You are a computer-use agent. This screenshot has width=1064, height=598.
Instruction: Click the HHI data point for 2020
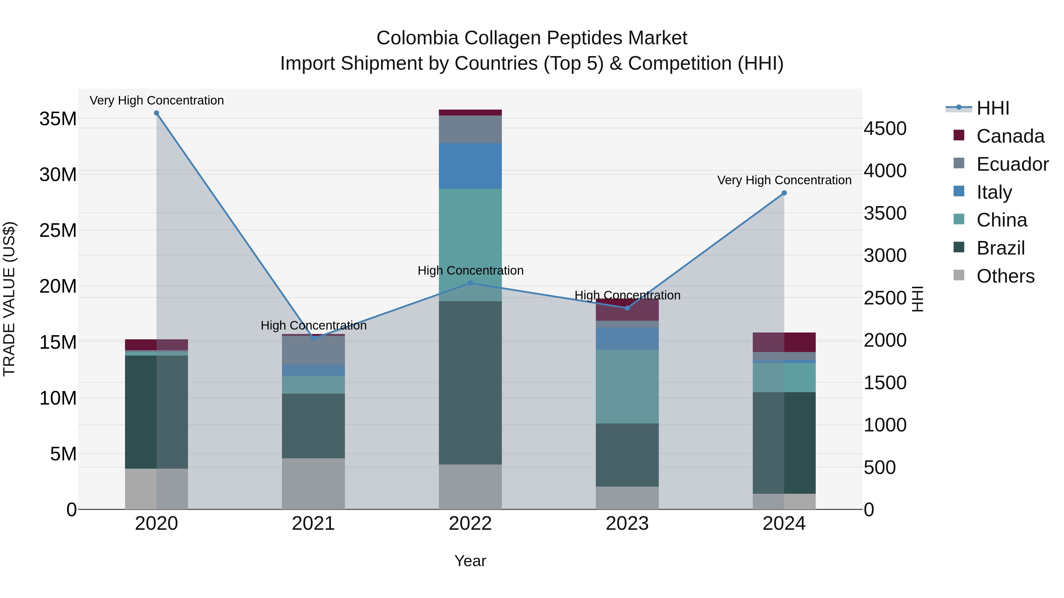(157, 113)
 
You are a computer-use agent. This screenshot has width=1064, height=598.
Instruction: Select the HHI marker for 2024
(784, 193)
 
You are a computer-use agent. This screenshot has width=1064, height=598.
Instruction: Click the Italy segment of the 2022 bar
(470, 166)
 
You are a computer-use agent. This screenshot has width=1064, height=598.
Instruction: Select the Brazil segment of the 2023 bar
(627, 455)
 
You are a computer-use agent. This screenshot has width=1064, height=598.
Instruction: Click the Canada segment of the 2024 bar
(784, 342)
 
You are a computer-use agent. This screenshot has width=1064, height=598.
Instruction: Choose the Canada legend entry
(1010, 136)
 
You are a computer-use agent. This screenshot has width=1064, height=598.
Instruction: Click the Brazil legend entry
(1000, 248)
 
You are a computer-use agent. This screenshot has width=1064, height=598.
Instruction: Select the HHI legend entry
(992, 108)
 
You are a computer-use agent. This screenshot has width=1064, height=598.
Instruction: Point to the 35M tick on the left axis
(58, 119)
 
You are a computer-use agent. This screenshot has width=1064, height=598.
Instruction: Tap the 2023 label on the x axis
(627, 524)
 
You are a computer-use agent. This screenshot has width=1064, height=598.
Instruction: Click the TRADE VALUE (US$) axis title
(9, 299)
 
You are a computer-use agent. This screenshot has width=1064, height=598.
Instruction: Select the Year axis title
(470, 561)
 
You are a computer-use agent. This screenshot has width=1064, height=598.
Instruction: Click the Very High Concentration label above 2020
(157, 100)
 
